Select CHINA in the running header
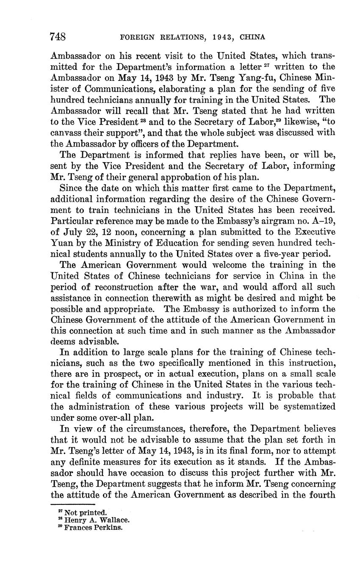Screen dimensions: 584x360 pos(252,37)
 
